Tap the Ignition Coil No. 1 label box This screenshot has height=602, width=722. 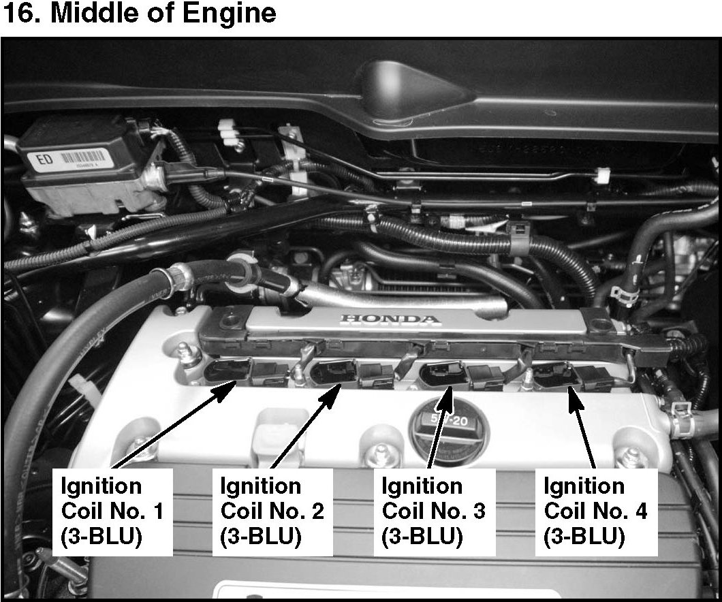pyautogui.click(x=112, y=511)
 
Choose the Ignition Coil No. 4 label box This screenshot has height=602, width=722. pyautogui.click(x=595, y=511)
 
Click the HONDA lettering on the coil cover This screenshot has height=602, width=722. pyautogui.click(x=390, y=319)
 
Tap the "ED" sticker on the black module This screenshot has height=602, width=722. pyautogui.click(x=45, y=160)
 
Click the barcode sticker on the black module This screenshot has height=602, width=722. pyautogui.click(x=85, y=163)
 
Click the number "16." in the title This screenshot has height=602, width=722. pyautogui.click(x=22, y=14)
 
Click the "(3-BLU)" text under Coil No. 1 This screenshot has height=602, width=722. pyautogui.click(x=101, y=537)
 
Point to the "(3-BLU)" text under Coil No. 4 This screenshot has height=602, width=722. pyautogui.click(x=584, y=537)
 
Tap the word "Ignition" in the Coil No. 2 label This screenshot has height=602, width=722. pyautogui.click(x=261, y=486)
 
